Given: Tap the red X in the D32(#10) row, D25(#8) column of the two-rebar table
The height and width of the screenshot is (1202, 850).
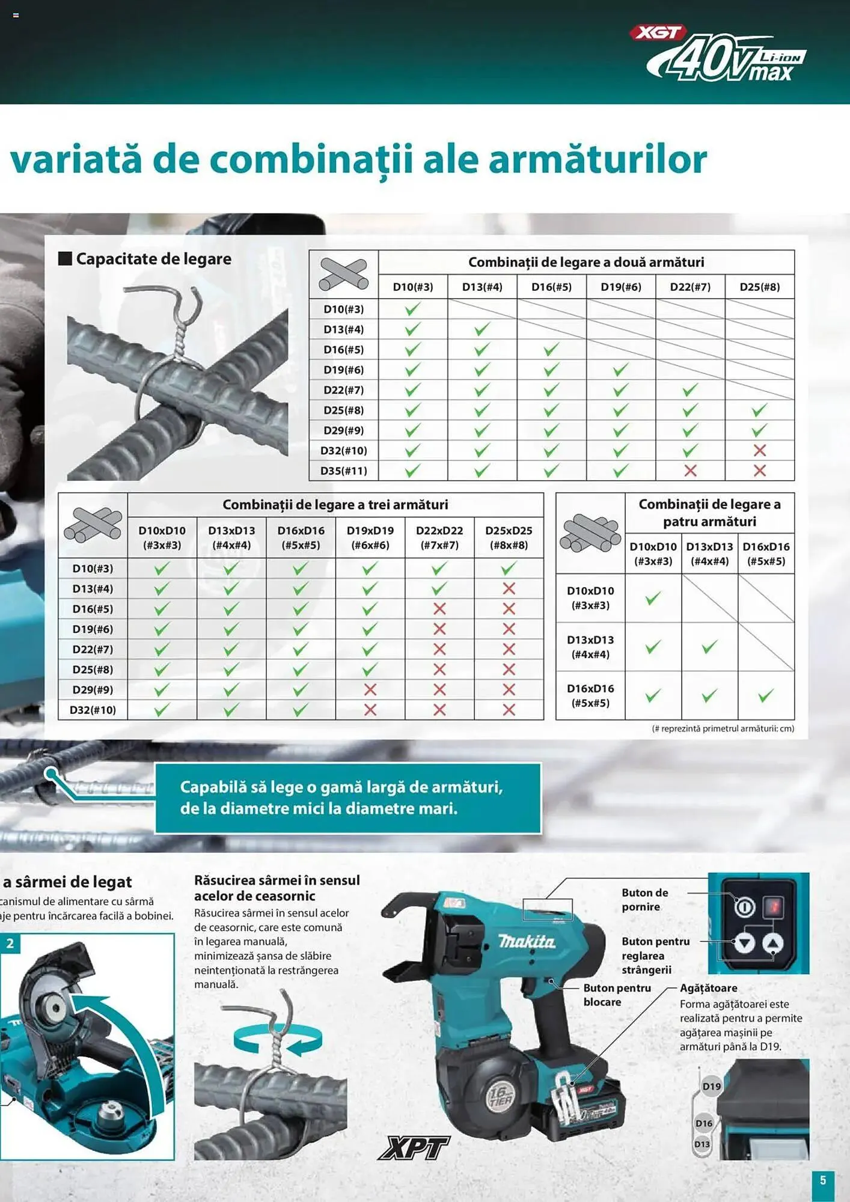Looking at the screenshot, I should click(x=759, y=450).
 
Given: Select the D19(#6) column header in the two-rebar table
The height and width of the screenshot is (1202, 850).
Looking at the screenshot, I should click(x=620, y=287).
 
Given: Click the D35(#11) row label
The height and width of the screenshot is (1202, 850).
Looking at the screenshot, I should click(x=343, y=471).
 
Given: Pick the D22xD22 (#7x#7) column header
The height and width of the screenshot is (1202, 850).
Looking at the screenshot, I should click(x=439, y=537).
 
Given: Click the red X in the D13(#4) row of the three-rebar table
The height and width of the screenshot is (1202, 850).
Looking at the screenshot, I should click(x=509, y=588).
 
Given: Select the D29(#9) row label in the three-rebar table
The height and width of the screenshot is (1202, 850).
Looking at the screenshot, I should click(x=93, y=689).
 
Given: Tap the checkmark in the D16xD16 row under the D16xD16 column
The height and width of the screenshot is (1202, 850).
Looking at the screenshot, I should click(x=765, y=696).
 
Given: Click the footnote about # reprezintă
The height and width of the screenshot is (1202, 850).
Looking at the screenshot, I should click(x=723, y=728).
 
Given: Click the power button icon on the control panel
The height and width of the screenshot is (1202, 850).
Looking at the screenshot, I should click(x=744, y=906).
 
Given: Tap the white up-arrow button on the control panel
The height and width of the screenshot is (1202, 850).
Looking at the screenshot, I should click(x=772, y=943).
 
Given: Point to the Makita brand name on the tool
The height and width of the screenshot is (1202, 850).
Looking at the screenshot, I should click(x=527, y=941).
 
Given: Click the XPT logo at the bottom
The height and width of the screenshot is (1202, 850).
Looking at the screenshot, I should click(x=414, y=1148).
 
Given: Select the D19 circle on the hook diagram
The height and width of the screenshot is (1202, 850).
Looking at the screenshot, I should click(x=711, y=1086).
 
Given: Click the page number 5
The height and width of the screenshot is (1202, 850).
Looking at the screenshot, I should click(x=823, y=1180).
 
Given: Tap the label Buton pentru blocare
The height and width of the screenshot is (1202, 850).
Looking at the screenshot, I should click(x=616, y=995).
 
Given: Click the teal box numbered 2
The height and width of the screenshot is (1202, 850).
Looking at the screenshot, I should click(x=10, y=944).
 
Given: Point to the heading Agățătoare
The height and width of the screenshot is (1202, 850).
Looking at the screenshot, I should click(x=708, y=988).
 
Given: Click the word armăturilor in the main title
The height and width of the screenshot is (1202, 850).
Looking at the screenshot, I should click(x=598, y=160).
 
